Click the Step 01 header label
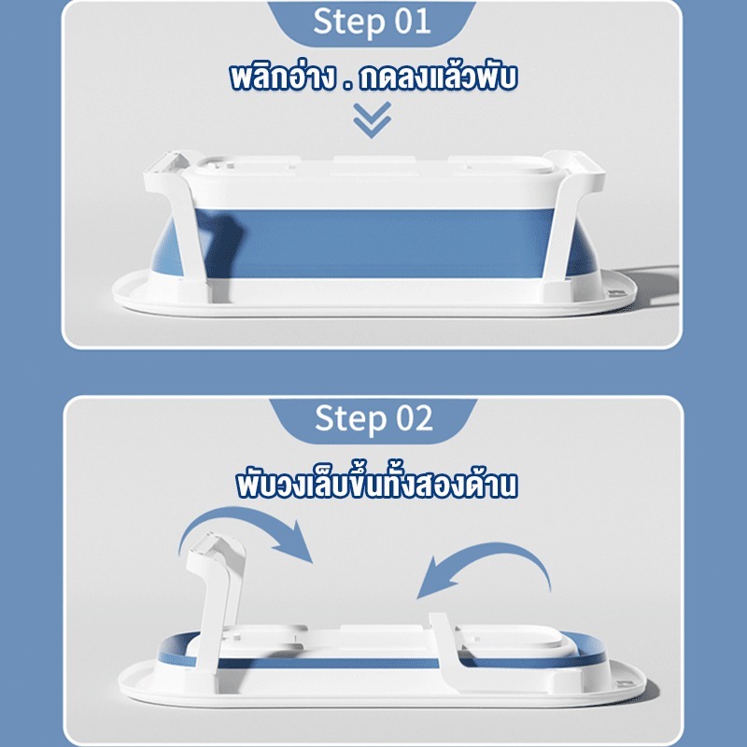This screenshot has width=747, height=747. [x=372, y=21]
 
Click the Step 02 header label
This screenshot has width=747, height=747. [x=373, y=418]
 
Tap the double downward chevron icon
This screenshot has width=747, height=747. [x=372, y=120]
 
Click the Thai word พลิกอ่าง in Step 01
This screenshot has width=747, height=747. [x=282, y=78]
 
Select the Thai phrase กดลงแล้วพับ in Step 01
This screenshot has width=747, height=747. [x=438, y=77]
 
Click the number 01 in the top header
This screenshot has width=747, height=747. [x=413, y=21]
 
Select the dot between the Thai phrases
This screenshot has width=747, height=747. [x=347, y=87]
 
